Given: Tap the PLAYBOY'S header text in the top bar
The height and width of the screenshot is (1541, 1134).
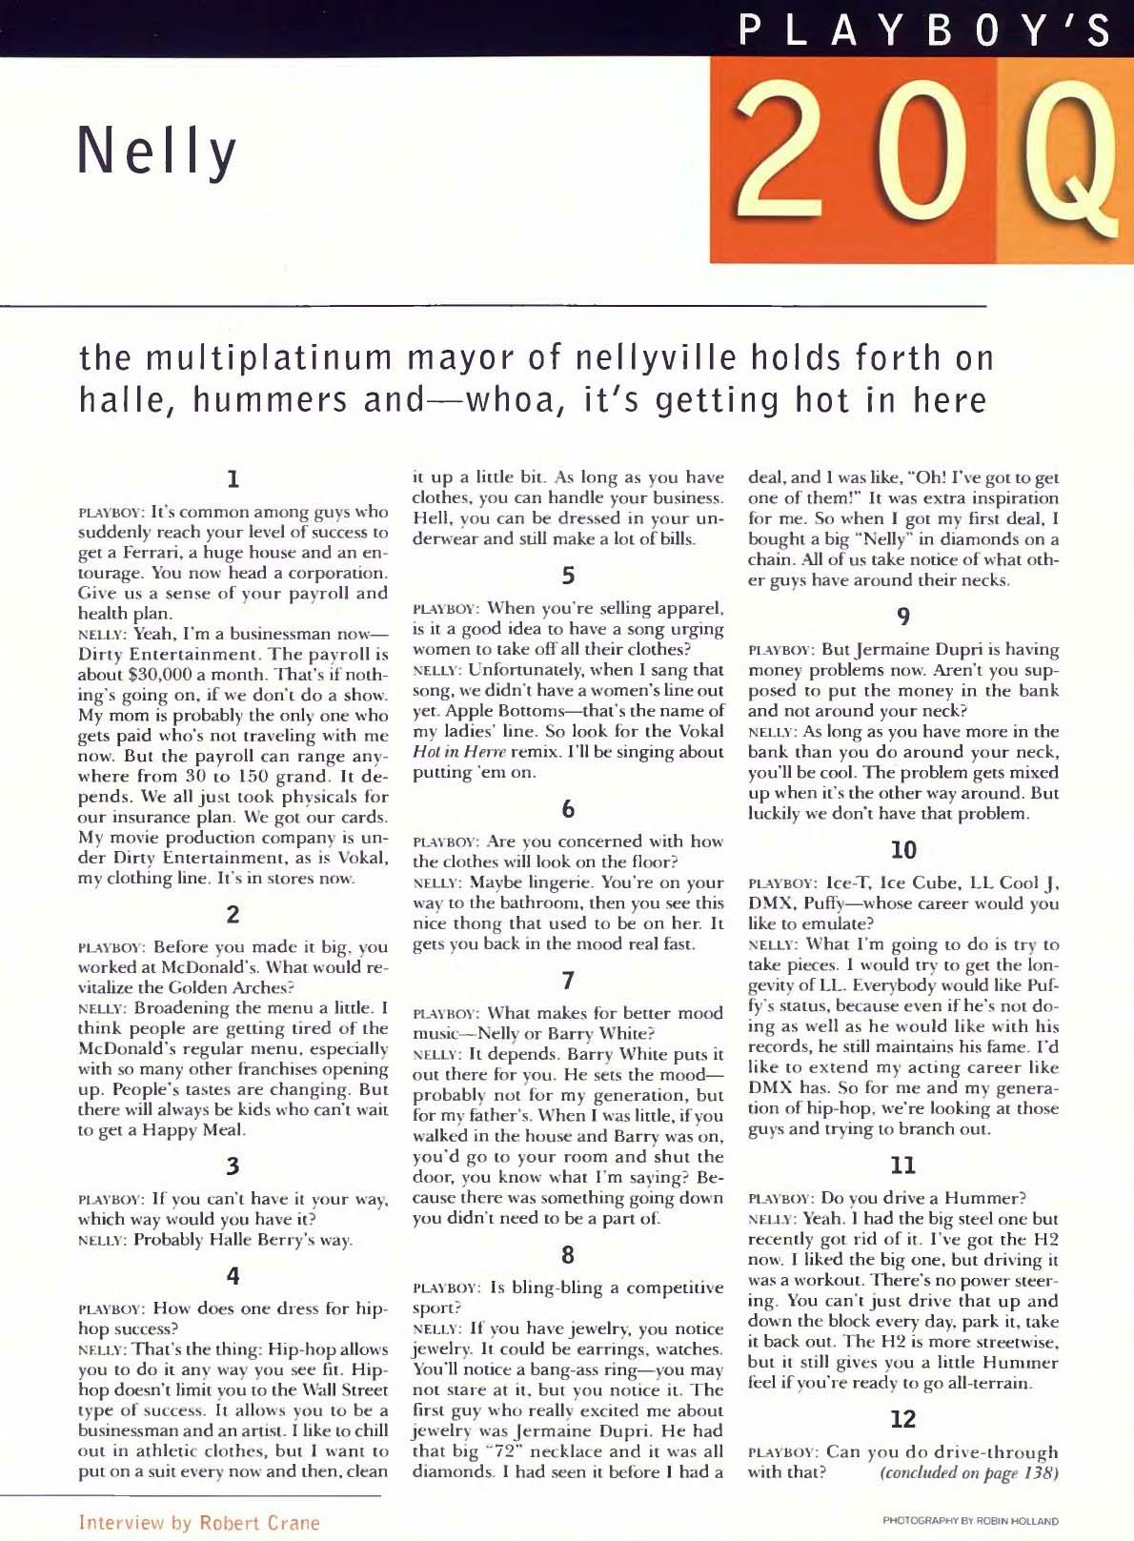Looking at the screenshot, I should click(925, 30).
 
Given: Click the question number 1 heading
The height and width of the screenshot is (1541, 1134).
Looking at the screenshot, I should click(232, 477).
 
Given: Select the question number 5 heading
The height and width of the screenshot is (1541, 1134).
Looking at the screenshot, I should click(567, 576).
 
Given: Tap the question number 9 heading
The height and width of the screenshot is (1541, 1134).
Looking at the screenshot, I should click(902, 618).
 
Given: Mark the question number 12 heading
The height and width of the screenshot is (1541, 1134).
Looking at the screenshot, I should click(902, 1419).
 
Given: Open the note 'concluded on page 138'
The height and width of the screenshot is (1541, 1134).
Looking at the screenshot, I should click(969, 1472).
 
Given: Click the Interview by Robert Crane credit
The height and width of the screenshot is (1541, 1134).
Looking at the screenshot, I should click(199, 1522).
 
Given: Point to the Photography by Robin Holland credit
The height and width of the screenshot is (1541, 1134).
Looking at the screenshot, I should click(970, 1521).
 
